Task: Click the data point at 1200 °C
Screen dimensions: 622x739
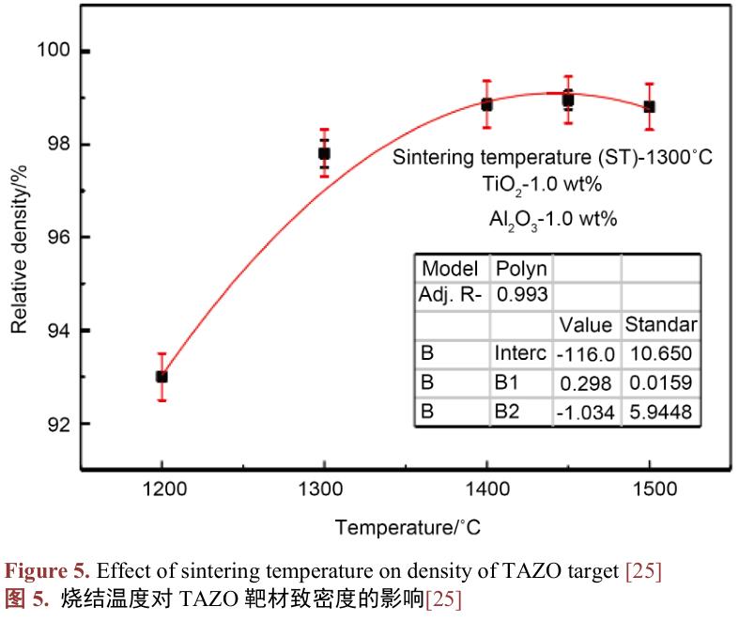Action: coord(162,377)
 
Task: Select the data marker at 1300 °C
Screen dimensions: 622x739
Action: coord(324,153)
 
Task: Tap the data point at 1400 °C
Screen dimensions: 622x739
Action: coord(486,104)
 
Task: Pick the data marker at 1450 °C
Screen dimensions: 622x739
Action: coord(568,100)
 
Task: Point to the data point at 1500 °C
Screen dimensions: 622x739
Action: coord(649,107)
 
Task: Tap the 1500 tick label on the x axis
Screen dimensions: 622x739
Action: coord(649,490)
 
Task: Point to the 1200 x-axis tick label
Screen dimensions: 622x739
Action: coord(162,490)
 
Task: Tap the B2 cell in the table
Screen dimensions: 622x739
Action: coord(507,412)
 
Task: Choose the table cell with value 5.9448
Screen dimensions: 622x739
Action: coord(660,412)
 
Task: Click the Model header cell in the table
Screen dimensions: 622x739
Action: coord(450,269)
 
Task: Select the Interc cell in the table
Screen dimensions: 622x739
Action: coord(519,354)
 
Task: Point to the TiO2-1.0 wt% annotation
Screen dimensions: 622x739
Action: coord(551,185)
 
